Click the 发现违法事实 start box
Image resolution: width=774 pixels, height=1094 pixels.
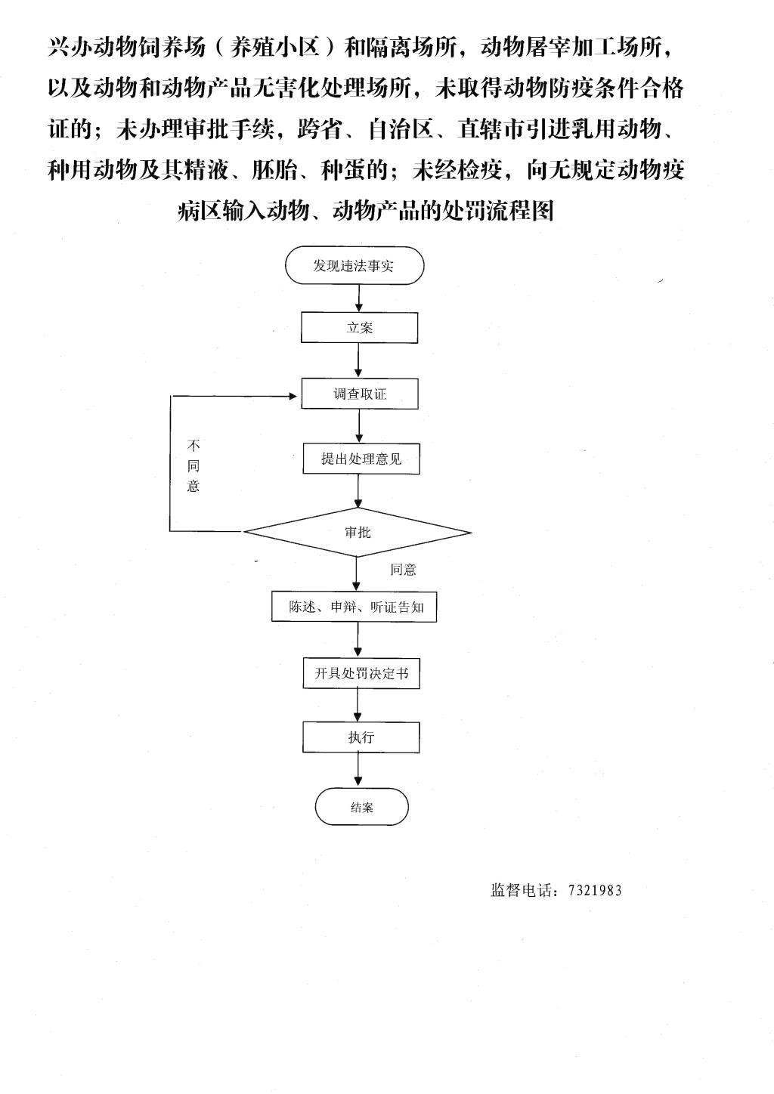(354, 265)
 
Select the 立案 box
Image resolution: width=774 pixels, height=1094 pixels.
(359, 327)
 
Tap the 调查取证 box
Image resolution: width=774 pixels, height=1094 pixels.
(360, 394)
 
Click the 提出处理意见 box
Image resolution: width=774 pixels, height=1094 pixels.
(361, 459)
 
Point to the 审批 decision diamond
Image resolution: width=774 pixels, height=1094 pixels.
(358, 532)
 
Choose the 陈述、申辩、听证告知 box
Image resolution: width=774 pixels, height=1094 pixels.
(354, 607)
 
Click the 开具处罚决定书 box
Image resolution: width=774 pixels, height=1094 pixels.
(361, 673)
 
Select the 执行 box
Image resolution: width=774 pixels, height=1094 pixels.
(361, 737)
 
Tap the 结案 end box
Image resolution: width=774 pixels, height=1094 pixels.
(361, 807)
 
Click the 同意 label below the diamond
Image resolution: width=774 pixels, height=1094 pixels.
(403, 570)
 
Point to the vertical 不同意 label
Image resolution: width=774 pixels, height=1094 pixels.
(193, 465)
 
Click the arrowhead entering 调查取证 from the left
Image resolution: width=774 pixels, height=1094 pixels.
(293, 396)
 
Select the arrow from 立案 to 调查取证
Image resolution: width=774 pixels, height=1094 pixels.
(358, 360)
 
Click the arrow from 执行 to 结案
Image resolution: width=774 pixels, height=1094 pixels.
(358, 770)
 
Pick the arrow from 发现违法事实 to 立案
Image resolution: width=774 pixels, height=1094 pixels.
(359, 298)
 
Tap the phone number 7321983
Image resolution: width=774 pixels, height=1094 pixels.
(595, 891)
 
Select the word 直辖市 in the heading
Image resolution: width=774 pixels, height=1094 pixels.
(491, 129)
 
